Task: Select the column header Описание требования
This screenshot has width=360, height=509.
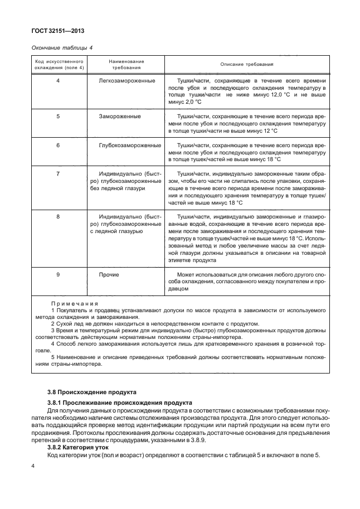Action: click(246, 64)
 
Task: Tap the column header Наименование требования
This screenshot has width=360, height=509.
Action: click(126, 64)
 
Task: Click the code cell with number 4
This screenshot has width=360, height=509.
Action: click(58, 81)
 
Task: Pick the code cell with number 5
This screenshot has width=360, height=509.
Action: click(58, 117)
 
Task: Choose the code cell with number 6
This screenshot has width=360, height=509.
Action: click(58, 145)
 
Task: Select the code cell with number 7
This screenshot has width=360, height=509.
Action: click(58, 174)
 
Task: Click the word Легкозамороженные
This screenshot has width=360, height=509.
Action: click(127, 81)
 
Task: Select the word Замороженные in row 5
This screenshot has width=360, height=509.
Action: click(120, 117)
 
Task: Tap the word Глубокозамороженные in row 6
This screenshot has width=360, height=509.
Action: click(130, 145)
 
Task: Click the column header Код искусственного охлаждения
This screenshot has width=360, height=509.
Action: click(58, 64)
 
